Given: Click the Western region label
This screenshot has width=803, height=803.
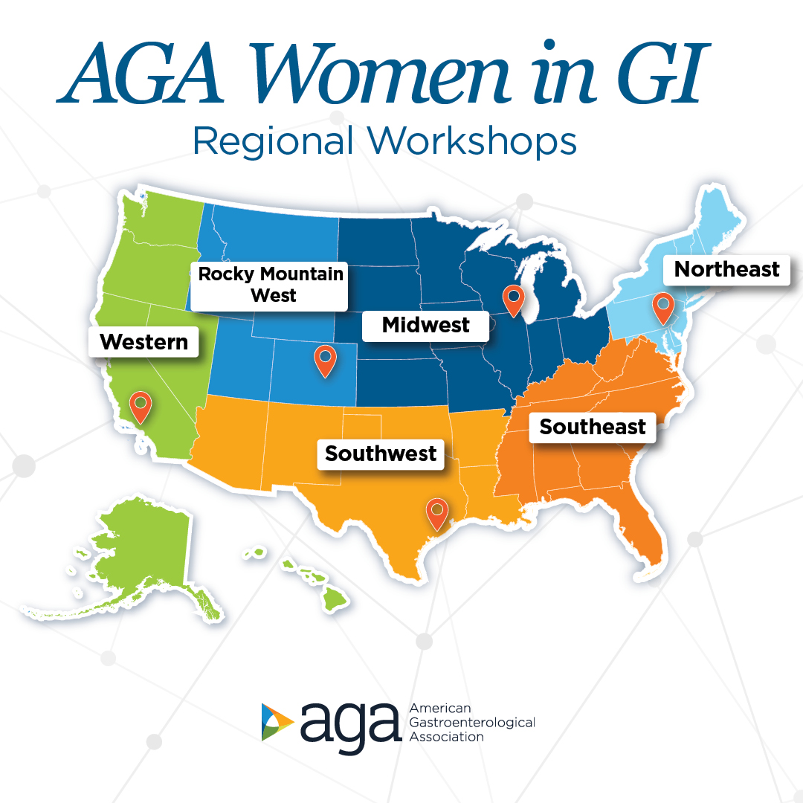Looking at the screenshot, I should click(143, 342).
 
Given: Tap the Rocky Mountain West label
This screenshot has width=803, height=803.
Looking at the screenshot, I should click(271, 285).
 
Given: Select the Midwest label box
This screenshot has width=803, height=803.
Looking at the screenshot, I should click(425, 325).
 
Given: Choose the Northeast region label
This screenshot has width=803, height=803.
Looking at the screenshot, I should click(726, 269).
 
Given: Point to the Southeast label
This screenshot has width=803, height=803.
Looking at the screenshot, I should click(593, 427).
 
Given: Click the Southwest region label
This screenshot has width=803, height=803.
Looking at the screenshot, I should click(381, 454).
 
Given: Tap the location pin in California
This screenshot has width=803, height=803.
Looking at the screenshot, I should click(140, 407).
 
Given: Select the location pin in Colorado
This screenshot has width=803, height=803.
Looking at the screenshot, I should click(325, 360).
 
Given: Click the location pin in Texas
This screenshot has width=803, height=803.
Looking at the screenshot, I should click(437, 513).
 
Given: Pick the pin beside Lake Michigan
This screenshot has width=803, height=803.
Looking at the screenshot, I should click(513, 299).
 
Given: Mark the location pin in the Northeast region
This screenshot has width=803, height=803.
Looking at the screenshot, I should click(662, 307).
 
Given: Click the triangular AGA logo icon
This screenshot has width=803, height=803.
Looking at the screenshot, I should click(277, 722).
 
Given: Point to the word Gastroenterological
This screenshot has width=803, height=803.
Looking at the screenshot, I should click(472, 722).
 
